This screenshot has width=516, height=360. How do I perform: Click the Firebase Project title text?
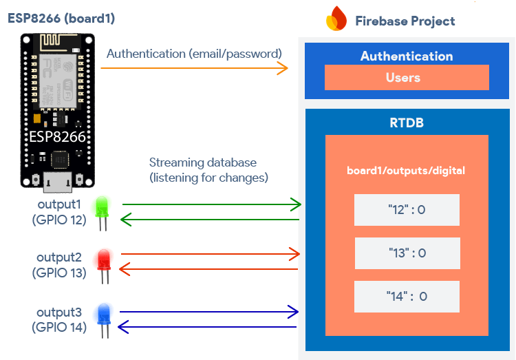[x=405, y=21]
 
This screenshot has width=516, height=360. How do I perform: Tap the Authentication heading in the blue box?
[x=407, y=56]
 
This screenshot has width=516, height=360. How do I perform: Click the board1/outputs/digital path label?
[x=406, y=170]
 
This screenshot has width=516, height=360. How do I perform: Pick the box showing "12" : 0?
[x=406, y=210]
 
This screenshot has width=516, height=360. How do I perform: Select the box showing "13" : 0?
[x=406, y=253]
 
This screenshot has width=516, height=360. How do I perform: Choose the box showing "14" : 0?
[x=406, y=297]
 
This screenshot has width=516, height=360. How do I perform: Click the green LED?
[x=103, y=206]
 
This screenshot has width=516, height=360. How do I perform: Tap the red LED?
[x=105, y=259]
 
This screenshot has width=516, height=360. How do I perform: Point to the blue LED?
[x=105, y=314]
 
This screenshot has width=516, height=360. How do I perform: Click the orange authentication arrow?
[x=194, y=67]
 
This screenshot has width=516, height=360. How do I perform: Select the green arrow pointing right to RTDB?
[x=211, y=204]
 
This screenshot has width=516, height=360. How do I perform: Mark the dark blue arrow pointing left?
[x=208, y=327]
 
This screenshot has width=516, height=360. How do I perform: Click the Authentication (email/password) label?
[x=194, y=53]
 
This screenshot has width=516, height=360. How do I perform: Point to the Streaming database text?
[x=204, y=163]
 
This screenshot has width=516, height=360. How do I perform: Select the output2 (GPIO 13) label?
[x=59, y=264]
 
